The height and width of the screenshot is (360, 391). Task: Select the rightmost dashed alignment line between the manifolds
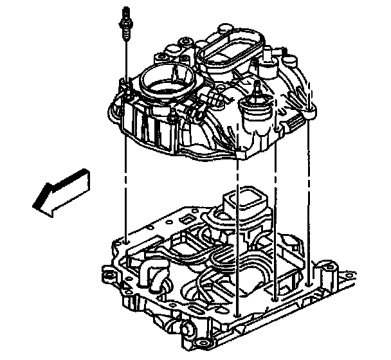pos(310,193)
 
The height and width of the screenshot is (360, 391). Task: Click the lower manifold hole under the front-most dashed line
pos(239,315)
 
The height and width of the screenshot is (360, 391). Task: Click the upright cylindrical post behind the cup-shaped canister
pos(266,64)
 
